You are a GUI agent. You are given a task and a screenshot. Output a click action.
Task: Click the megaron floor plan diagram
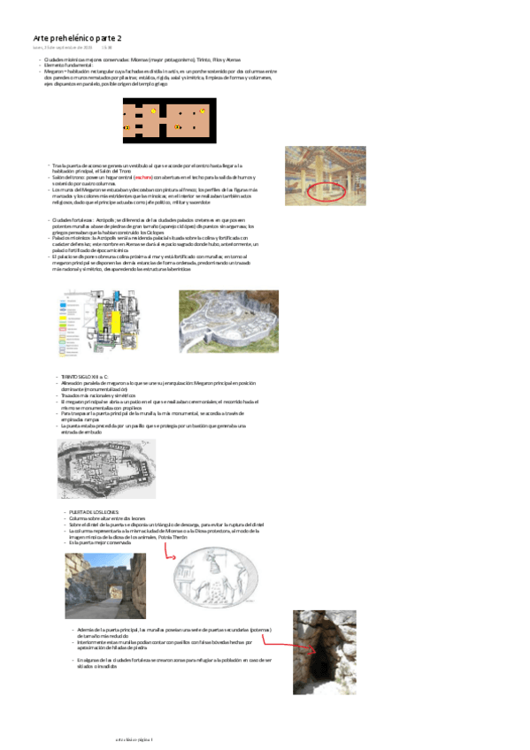click(169, 119)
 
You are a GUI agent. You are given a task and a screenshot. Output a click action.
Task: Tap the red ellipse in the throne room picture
click(324, 189)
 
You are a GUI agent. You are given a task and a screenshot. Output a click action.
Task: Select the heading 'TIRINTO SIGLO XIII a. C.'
click(84, 376)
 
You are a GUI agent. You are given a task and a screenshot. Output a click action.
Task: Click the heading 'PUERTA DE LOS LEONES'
click(94, 511)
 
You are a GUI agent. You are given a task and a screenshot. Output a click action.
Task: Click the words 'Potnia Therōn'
click(173, 536)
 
